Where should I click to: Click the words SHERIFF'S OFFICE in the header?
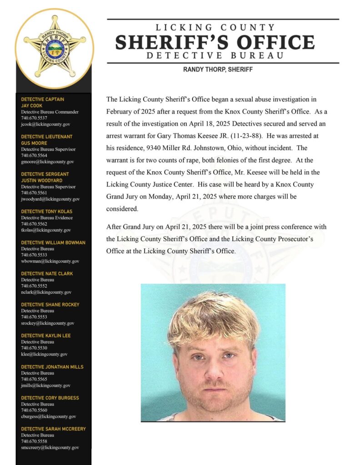point(215,43)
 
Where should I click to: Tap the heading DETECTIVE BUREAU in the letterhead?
point(215,56)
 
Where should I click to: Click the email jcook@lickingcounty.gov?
point(45,124)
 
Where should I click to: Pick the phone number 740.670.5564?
point(34,155)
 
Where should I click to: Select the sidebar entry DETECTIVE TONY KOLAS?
point(46,212)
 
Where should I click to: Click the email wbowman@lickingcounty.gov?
point(50,261)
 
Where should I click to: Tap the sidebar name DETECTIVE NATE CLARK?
point(47,273)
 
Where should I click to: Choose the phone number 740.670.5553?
point(34,317)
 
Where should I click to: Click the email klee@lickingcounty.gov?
point(44,354)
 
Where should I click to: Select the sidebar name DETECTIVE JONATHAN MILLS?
point(52,366)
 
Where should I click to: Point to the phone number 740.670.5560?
point(34,410)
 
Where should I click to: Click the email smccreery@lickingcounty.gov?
point(50,447)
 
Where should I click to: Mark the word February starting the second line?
point(121,111)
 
